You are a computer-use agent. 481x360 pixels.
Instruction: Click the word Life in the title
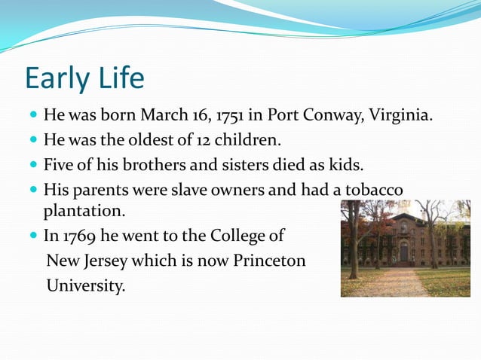[121, 79]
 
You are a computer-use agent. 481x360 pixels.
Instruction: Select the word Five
[59, 164]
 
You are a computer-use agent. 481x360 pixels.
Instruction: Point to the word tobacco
[372, 189]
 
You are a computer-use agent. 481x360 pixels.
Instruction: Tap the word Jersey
[106, 261]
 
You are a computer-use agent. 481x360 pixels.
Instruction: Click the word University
[85, 285]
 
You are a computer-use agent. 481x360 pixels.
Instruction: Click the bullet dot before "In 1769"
[33, 236]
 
